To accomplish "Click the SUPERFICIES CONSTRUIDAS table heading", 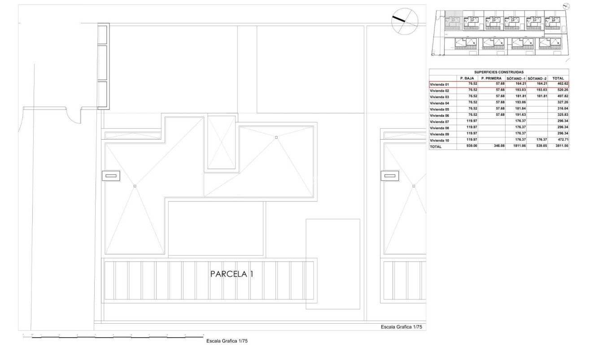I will coord(499,72).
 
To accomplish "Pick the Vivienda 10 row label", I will coord(440,140).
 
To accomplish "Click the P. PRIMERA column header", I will coord(491,78).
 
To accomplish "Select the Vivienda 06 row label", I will coord(440,115).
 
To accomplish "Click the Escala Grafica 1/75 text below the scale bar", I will coord(227,341).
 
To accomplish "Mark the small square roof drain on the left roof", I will coord(135,186).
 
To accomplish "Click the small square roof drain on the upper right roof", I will coord(276,137).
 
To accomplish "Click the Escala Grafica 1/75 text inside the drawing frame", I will coord(401,327).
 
